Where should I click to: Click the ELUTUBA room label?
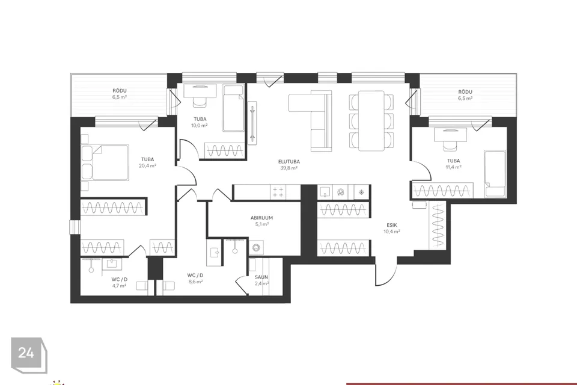coord(289,161)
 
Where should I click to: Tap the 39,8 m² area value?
coord(289,168)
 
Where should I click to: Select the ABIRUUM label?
coord(261,218)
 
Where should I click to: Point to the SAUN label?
coord(261,277)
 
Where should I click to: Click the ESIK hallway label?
coord(391,225)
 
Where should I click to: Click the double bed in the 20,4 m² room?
coord(105,162)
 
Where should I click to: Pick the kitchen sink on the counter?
coord(325,192)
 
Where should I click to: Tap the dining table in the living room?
coord(371,121)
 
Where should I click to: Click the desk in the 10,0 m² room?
coord(200,91)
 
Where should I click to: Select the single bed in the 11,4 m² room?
coord(495,173)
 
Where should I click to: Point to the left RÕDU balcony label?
coord(120,91)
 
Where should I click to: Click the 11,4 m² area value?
coord(453,167)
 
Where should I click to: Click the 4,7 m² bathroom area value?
coord(119,286)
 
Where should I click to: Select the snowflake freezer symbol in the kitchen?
coord(361,192)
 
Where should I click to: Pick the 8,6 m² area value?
coord(195,282)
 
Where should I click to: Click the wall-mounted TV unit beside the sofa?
coord(252,123)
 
